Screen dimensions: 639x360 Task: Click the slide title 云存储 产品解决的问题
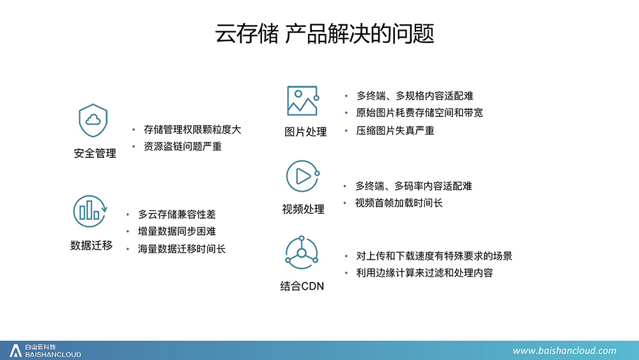[325, 33]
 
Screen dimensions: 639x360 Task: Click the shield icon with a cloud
[93, 120]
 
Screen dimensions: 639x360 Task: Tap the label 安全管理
[95, 153]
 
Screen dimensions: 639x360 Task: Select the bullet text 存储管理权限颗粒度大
[192, 130]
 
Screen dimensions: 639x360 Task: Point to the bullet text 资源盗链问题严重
[183, 146]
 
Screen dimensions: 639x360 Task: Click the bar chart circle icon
[90, 211]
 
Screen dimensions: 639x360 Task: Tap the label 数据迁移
[91, 245]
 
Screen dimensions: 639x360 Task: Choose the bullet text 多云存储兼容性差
[177, 214]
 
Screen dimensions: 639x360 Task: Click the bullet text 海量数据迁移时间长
[181, 249]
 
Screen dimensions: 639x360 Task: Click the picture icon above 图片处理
[303, 100]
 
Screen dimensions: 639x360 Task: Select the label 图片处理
[305, 132]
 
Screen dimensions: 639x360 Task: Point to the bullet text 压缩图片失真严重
[396, 130]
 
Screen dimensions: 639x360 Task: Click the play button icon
[302, 176]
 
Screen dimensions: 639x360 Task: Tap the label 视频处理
[303, 209]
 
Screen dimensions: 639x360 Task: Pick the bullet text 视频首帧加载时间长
[399, 203]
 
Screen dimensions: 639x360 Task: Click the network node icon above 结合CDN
[302, 253]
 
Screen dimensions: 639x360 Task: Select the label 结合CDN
[302, 286]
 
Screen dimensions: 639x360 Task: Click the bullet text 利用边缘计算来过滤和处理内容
[425, 273]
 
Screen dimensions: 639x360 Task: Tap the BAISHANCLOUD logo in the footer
[45, 350]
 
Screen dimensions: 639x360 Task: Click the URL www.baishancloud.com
[564, 350]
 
